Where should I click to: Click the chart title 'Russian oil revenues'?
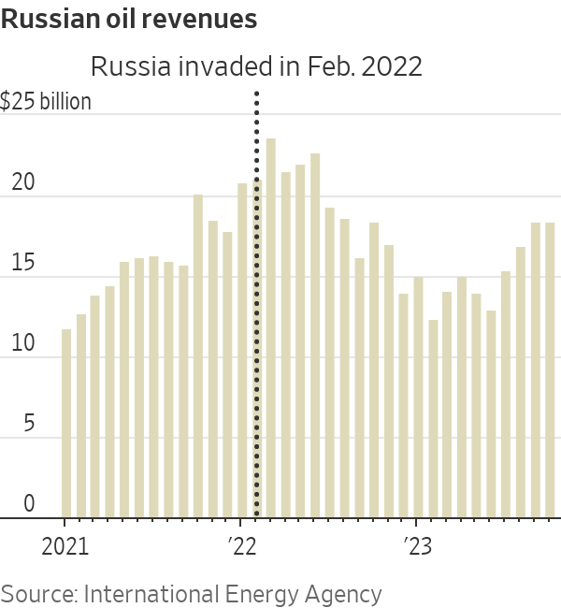[x=130, y=20]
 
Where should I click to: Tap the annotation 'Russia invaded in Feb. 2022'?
[x=256, y=67]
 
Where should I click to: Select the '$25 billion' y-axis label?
[x=46, y=101]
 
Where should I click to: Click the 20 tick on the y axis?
[x=22, y=183]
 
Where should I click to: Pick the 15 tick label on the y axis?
[x=22, y=264]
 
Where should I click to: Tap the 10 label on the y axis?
[x=22, y=344]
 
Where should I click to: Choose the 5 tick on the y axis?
[x=28, y=425]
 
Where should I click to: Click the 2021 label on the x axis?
[x=65, y=545]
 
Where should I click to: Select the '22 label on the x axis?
[x=241, y=545]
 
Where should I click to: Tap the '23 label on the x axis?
[x=417, y=545]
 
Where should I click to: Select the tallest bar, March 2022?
[x=271, y=327]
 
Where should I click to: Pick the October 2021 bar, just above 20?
[x=197, y=355]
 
